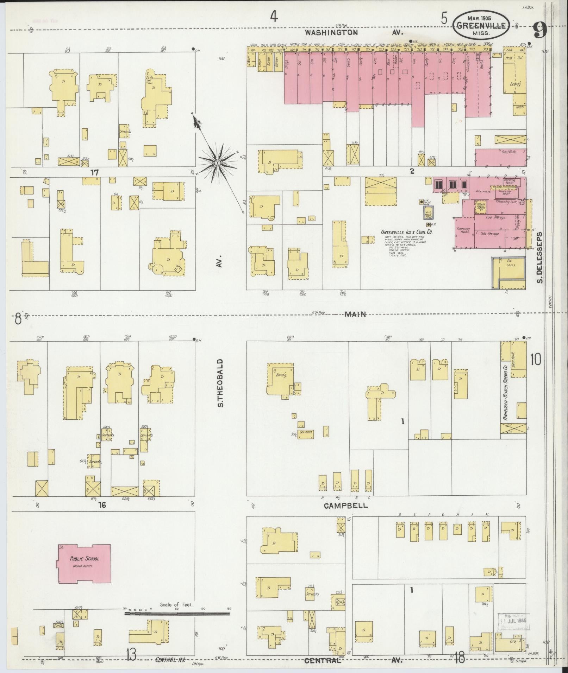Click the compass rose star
217,163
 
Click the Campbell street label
345,506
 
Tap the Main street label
355,314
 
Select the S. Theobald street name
220,383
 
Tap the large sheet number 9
539,31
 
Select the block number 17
94,172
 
